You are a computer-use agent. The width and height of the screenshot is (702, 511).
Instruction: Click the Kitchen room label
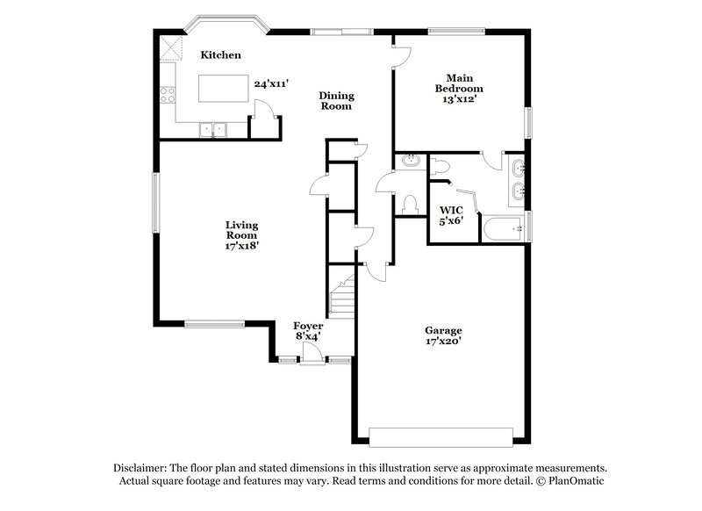(x=220, y=55)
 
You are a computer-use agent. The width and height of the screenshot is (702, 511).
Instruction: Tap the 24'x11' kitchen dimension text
(x=271, y=84)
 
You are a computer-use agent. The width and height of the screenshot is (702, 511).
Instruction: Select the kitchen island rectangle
(x=223, y=90)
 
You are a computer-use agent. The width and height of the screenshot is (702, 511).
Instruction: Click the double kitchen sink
(x=211, y=130)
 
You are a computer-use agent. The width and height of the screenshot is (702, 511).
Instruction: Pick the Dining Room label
(x=335, y=101)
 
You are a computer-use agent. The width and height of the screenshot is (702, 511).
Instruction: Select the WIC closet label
(x=451, y=211)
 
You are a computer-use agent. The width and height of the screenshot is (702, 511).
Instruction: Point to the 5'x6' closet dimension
(x=451, y=222)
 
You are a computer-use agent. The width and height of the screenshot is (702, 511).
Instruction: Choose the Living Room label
(x=241, y=230)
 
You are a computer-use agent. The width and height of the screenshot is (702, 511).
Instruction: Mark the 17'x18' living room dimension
(x=241, y=247)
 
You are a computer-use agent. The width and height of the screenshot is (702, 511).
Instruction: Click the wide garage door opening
(x=441, y=436)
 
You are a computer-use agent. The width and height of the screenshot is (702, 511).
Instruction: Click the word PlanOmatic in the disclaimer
(x=575, y=481)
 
